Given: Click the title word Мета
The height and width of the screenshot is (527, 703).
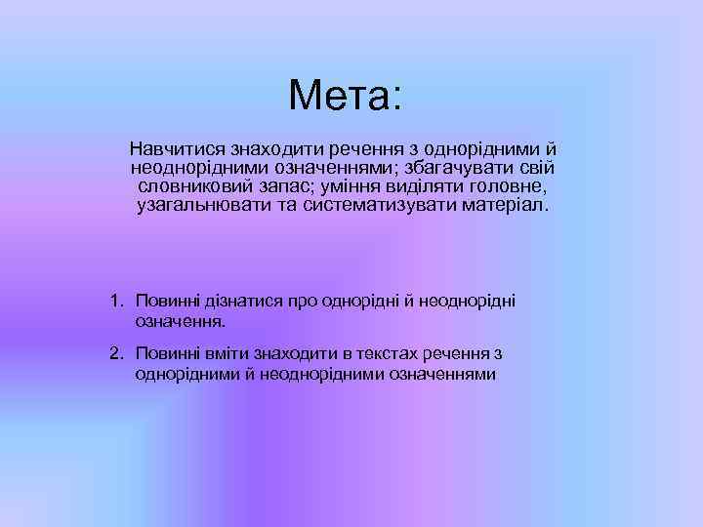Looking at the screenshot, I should tap(338, 97).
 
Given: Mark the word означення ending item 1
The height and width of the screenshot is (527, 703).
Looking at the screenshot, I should tap(181, 319).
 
